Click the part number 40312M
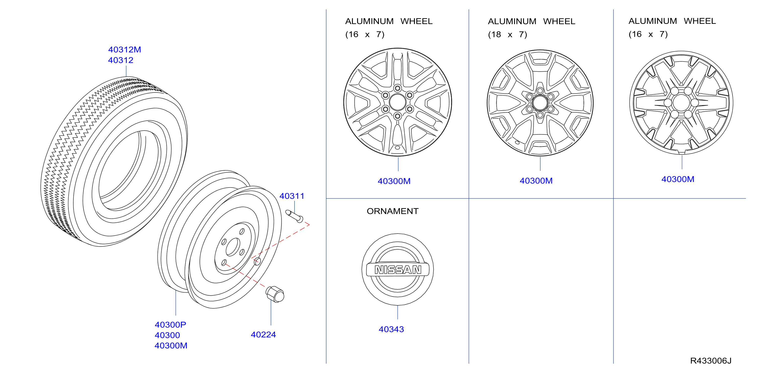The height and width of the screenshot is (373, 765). click(x=124, y=50)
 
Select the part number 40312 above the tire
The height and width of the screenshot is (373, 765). click(x=121, y=60)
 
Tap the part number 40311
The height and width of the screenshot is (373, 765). click(x=292, y=196)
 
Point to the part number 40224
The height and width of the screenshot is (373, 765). click(x=263, y=335)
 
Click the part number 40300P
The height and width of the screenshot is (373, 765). click(x=170, y=324)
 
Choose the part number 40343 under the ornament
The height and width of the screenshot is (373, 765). click(x=391, y=329)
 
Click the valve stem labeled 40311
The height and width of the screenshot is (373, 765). click(x=294, y=216)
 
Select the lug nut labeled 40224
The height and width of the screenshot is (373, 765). click(x=275, y=294)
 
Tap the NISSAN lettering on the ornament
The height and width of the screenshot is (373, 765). click(x=398, y=270)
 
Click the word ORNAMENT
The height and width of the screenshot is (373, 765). click(x=393, y=211)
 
